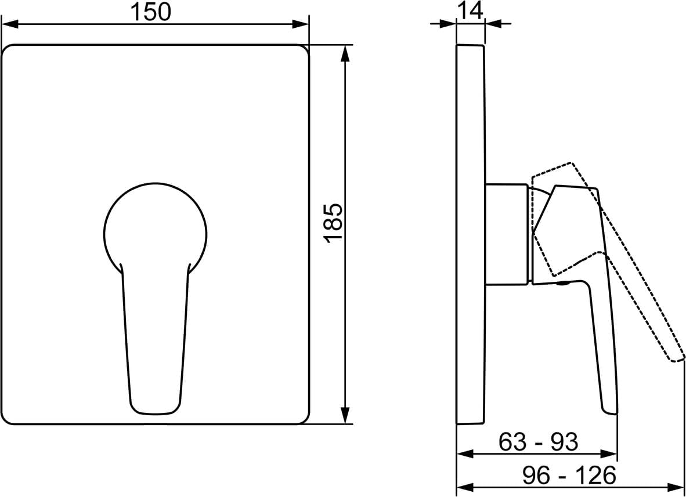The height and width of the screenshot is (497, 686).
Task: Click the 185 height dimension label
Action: pyautogui.click(x=333, y=223)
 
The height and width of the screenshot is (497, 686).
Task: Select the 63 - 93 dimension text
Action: pyautogui.click(x=538, y=442)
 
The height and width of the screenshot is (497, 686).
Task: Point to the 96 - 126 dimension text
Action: pyautogui.click(x=569, y=475)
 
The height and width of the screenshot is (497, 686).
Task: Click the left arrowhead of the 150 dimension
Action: pyautogui.click(x=10, y=24)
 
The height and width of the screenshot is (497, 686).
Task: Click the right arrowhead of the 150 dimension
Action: pyautogui.click(x=301, y=24)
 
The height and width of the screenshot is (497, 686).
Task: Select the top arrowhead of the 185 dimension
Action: pyautogui.click(x=346, y=53)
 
